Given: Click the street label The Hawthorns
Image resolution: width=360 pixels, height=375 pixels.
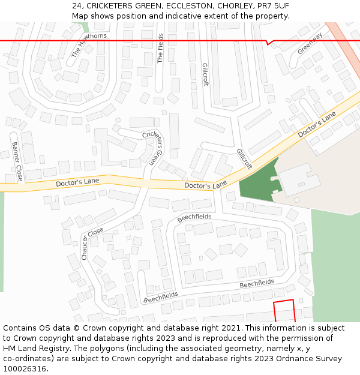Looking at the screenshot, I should pyautogui.click(x=89, y=45).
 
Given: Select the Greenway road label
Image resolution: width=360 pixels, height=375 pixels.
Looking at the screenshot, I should pyautogui.click(x=310, y=43).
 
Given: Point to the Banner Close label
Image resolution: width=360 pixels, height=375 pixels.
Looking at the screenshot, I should pyautogui.click(x=17, y=161).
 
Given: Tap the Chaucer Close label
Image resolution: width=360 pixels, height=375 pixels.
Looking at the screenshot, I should pyautogui.click(x=92, y=243).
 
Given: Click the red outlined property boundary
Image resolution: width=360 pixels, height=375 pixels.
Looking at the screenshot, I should pyautogui.click(x=284, y=311).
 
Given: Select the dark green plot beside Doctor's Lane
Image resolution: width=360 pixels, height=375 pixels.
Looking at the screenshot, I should pyautogui.click(x=258, y=181).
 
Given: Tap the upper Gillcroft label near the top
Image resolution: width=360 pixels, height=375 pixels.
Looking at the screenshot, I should pyautogui.click(x=205, y=75).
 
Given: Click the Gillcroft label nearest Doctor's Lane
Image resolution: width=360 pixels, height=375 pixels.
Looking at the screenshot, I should pyautogui.click(x=244, y=159).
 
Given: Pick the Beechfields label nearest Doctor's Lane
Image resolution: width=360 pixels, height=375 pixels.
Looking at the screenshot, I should pyautogui.click(x=194, y=217).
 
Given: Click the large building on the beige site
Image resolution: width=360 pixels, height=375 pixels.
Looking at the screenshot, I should pyautogui.click(x=300, y=179).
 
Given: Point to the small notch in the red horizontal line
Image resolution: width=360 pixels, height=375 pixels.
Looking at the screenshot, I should pyautogui.click(x=270, y=43).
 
